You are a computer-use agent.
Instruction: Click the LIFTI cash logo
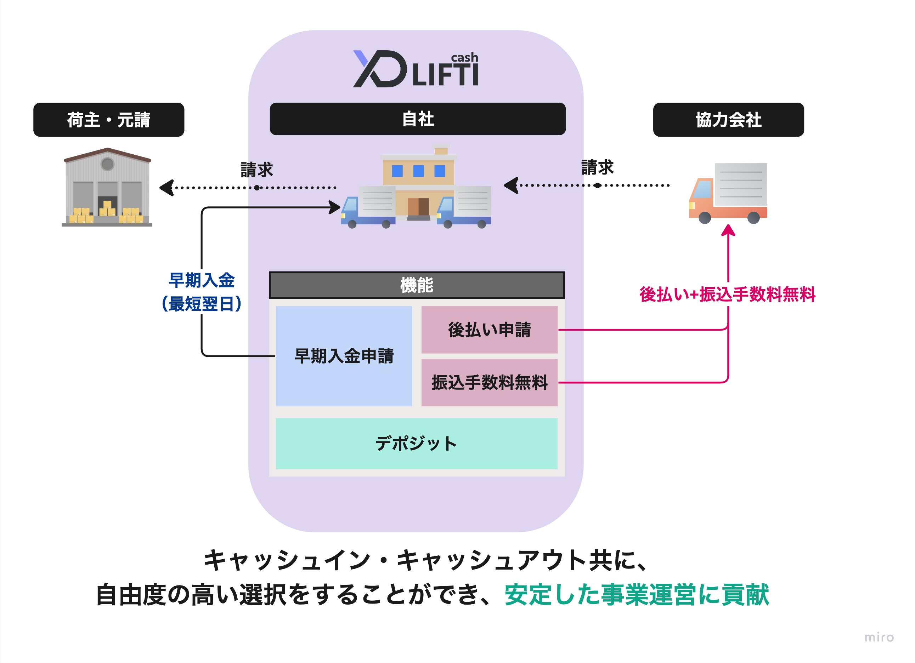pos(416,69)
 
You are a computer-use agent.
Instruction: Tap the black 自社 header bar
pos(418,119)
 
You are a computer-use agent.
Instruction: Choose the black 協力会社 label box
pos(728,120)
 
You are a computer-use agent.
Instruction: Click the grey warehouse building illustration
pos(107,187)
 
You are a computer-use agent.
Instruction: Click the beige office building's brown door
pos(418,206)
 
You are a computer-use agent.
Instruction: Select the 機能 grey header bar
pos(416,285)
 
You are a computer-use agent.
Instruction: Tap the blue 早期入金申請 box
pos(344,356)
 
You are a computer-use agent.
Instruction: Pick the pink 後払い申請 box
pos(489,330)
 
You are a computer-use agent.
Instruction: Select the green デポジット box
pos(416,443)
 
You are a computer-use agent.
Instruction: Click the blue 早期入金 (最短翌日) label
pos(201,292)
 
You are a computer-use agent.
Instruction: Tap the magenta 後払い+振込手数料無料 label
pos(727,294)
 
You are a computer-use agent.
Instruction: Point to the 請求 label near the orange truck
pos(597,167)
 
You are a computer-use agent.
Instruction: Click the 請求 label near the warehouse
pos(256,170)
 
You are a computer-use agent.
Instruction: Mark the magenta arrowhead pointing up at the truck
pos(728,230)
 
